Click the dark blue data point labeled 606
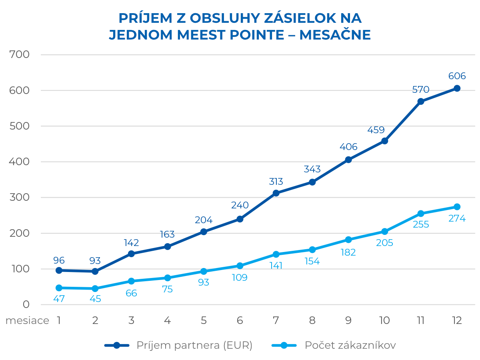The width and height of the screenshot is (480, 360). (457, 88)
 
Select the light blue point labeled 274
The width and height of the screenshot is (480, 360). (457, 207)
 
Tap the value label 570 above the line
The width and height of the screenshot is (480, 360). (420, 90)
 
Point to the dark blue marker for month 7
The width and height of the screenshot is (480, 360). (276, 193)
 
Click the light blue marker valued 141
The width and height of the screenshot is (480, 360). (276, 254)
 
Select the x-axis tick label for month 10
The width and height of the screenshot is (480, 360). (384, 321)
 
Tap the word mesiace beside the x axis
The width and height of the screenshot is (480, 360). (27, 321)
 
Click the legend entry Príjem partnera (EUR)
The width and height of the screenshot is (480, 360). (194, 345)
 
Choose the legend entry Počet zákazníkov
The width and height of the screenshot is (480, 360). (350, 345)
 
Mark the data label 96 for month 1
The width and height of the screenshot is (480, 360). (59, 260)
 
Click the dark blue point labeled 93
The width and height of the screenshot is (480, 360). (95, 271)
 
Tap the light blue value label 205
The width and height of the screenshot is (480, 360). (384, 243)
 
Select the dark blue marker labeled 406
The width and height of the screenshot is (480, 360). (348, 160)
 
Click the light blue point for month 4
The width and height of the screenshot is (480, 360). (167, 278)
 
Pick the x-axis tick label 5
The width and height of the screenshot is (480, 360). (204, 321)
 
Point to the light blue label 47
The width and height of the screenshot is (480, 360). (59, 298)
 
